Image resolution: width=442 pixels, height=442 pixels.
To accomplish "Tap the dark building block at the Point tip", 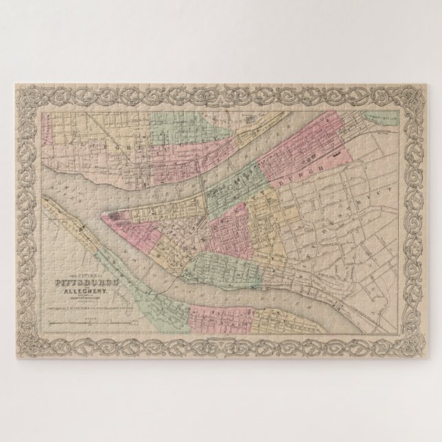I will click(x=113, y=217).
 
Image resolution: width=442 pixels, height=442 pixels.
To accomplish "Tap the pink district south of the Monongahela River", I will click(x=213, y=316).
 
